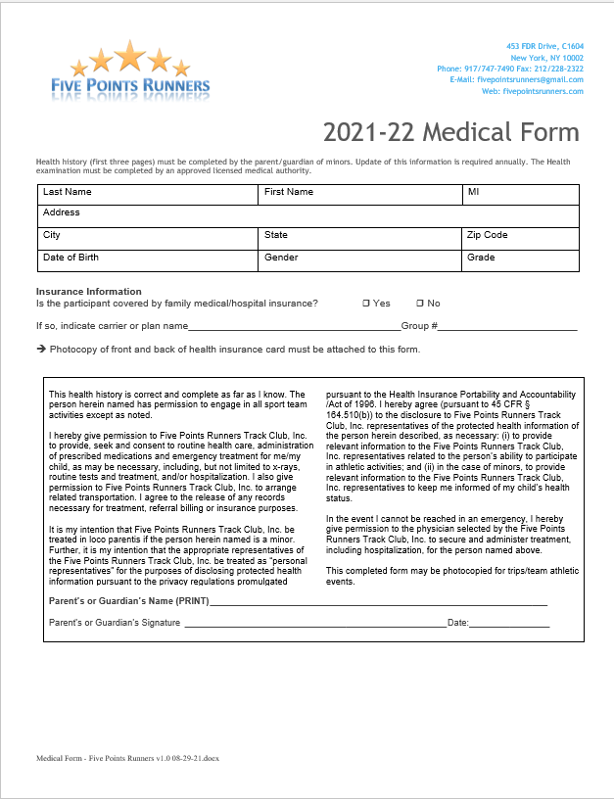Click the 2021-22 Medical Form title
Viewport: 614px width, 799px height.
(450, 132)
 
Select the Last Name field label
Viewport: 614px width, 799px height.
(67, 192)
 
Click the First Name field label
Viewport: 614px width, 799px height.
(289, 192)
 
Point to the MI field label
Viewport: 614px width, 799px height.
(473, 192)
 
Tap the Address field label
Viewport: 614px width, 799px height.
(62, 212)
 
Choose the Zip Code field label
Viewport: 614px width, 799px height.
(487, 235)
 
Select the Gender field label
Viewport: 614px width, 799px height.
(281, 258)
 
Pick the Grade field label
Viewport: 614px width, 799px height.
(481, 258)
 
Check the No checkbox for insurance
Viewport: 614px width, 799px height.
(420, 304)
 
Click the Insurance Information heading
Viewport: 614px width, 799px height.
(89, 292)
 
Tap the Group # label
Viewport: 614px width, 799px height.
(419, 326)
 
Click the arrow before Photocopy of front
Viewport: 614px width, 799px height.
(41, 350)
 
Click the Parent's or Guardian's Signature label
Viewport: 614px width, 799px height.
(115, 623)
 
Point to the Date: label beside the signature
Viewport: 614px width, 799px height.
(458, 623)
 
